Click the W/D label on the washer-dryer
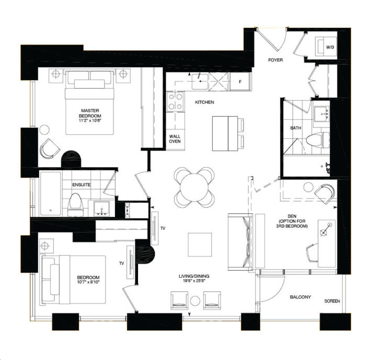(x=330, y=48)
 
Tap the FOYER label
(x=275, y=60)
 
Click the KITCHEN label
(x=204, y=102)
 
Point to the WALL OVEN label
(x=175, y=139)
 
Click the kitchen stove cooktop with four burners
(x=175, y=100)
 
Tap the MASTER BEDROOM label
(x=91, y=113)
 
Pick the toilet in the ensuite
(x=75, y=203)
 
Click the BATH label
(x=296, y=128)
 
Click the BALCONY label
(x=301, y=297)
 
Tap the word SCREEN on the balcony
(x=332, y=301)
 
